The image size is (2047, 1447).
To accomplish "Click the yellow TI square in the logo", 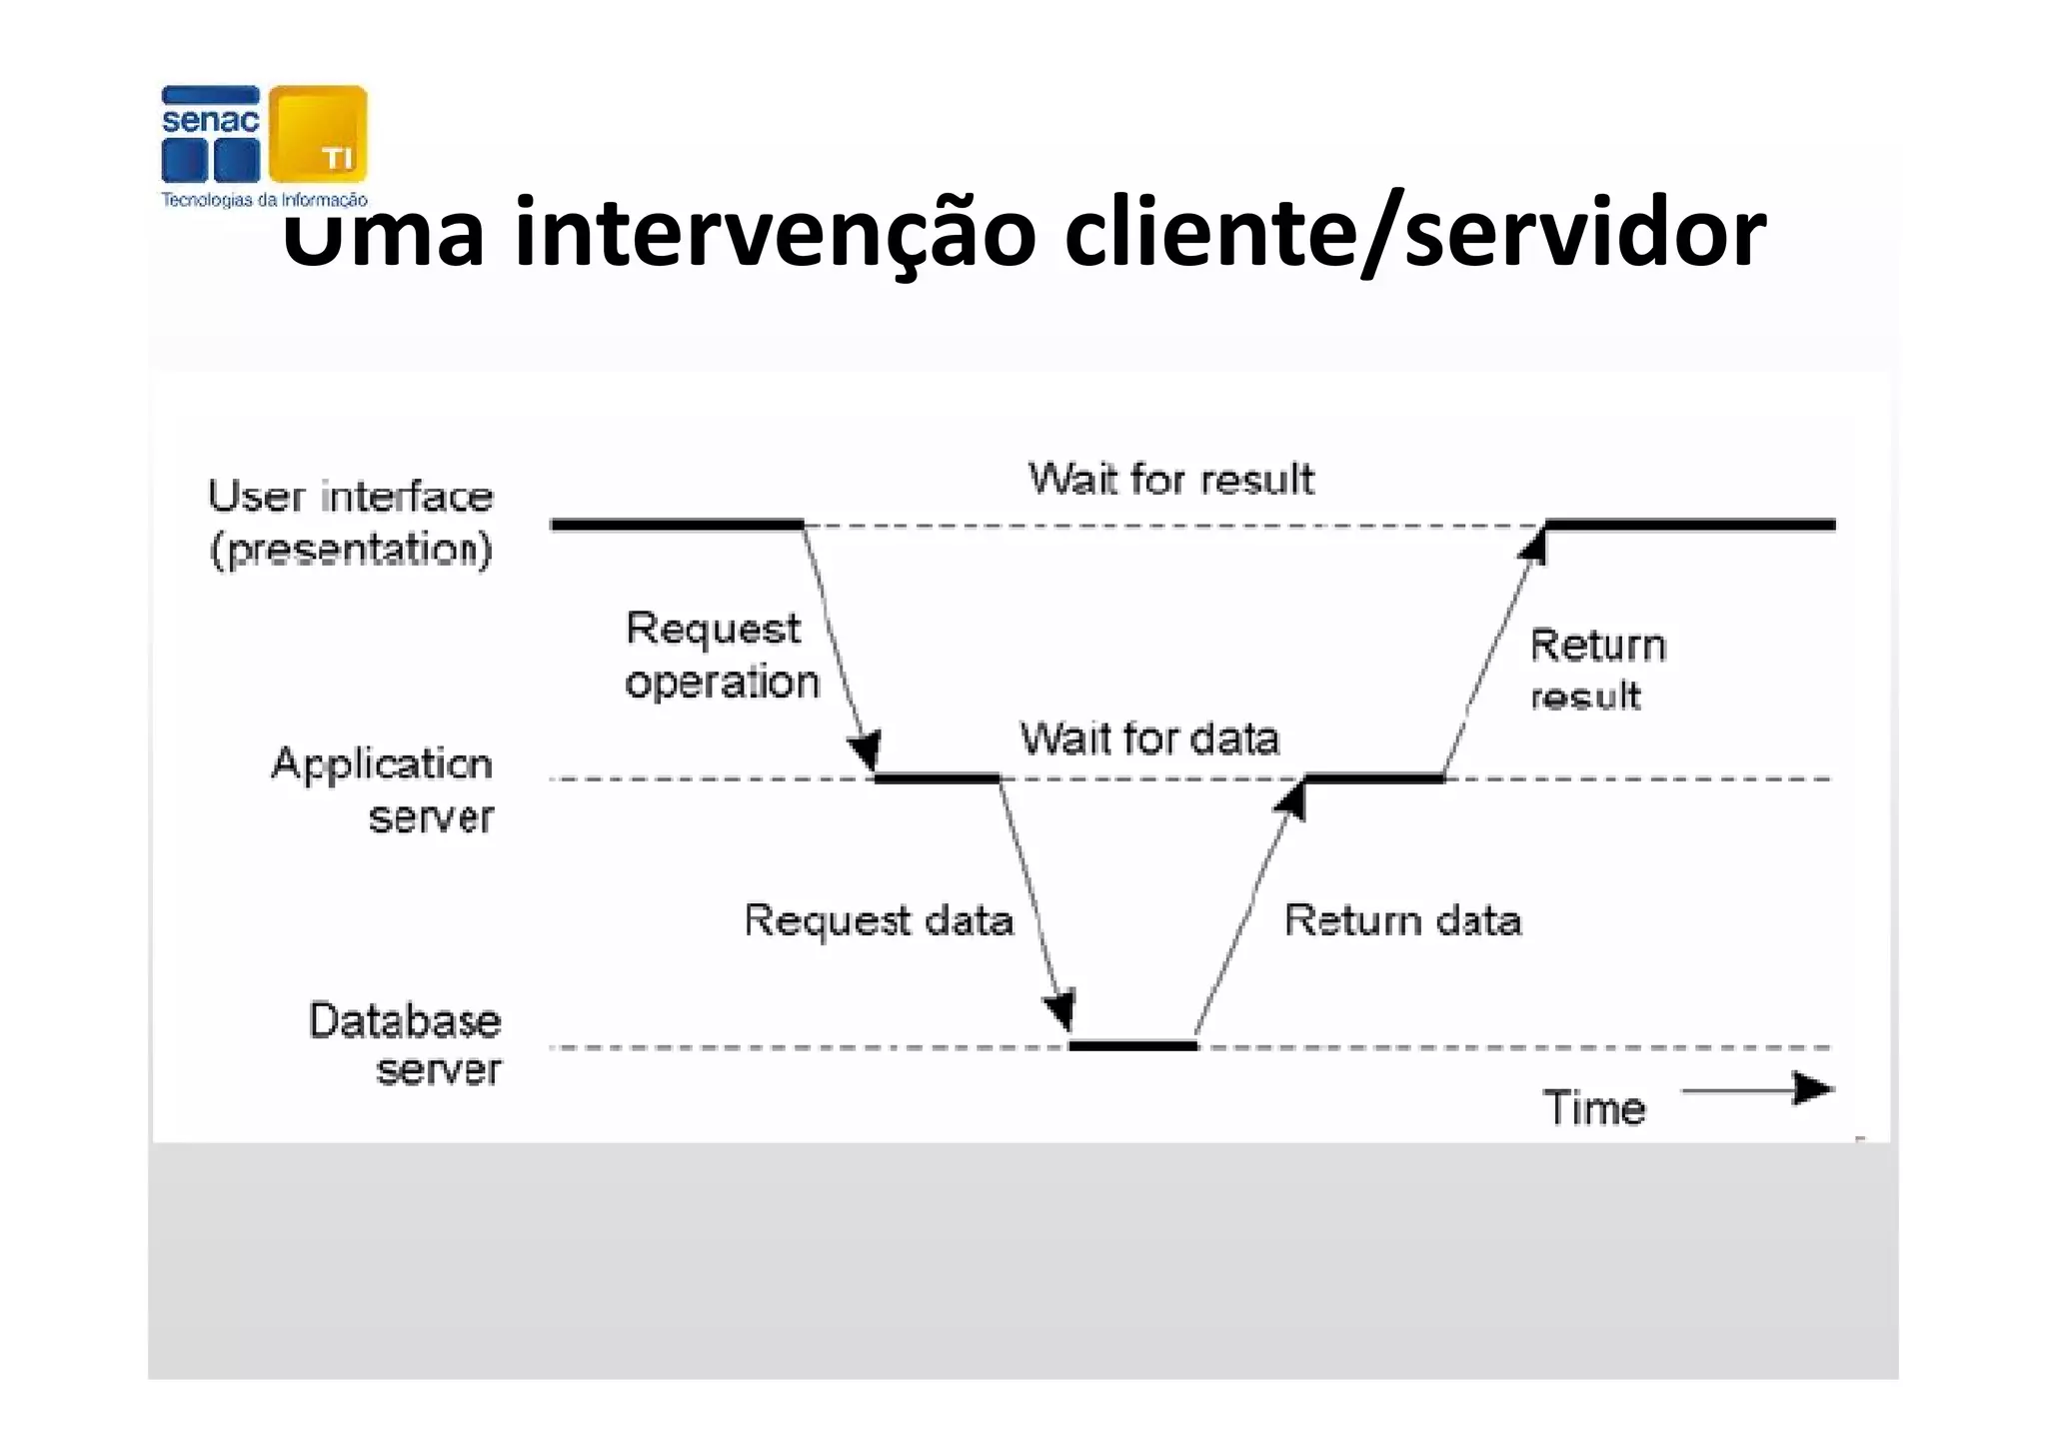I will tap(318, 134).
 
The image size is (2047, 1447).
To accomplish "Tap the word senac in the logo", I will tap(210, 121).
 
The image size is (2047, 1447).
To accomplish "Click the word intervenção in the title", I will tap(775, 233).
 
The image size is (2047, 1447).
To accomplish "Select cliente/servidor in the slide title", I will tap(1414, 233).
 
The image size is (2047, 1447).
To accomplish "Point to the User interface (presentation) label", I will tap(351, 523).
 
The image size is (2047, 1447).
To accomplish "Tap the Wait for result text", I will tap(1170, 480).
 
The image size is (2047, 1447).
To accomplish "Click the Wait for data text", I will tap(1149, 739).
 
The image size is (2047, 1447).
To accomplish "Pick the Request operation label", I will tap(721, 656).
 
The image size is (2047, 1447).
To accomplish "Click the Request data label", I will tap(879, 920).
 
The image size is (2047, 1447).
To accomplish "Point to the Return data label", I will tap(1402, 920).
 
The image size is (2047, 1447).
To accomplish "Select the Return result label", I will tap(1596, 670).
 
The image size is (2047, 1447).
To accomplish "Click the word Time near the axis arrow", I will tap(1593, 1108).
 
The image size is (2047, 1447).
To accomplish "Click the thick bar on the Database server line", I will tap(1132, 1046).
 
